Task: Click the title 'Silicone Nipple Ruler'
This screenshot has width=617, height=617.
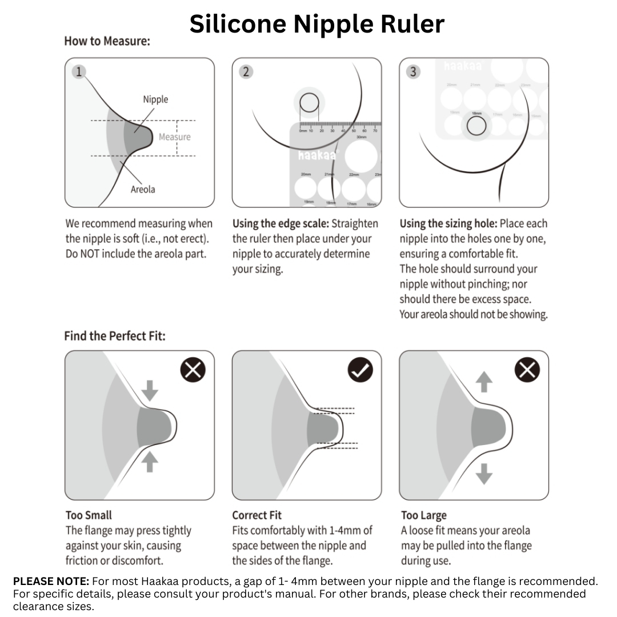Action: tap(316, 24)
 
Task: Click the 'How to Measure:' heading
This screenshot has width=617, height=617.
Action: tap(107, 41)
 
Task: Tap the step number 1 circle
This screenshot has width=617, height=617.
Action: tap(79, 72)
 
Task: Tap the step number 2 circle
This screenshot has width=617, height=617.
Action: tap(246, 72)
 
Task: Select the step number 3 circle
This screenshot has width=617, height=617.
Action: tap(413, 72)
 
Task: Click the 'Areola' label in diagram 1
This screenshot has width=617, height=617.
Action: tap(143, 189)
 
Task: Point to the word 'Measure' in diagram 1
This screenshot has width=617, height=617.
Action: tap(174, 137)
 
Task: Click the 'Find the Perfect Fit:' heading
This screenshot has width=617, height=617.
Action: tap(115, 335)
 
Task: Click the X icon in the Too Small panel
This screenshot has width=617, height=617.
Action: tap(193, 371)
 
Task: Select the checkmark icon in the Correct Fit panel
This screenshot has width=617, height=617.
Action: tap(360, 371)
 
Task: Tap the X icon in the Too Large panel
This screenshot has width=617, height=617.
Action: tap(527, 371)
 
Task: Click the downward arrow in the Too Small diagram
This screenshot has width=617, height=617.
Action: tap(150, 391)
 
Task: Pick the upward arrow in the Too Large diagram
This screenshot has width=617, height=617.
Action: tap(484, 382)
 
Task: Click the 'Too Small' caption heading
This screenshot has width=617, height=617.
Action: tap(89, 515)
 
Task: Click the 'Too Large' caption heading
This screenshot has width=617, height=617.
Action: tap(424, 515)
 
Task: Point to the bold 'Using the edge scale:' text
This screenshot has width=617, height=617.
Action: tap(281, 223)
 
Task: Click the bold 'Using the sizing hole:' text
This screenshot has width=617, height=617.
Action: tap(448, 223)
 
